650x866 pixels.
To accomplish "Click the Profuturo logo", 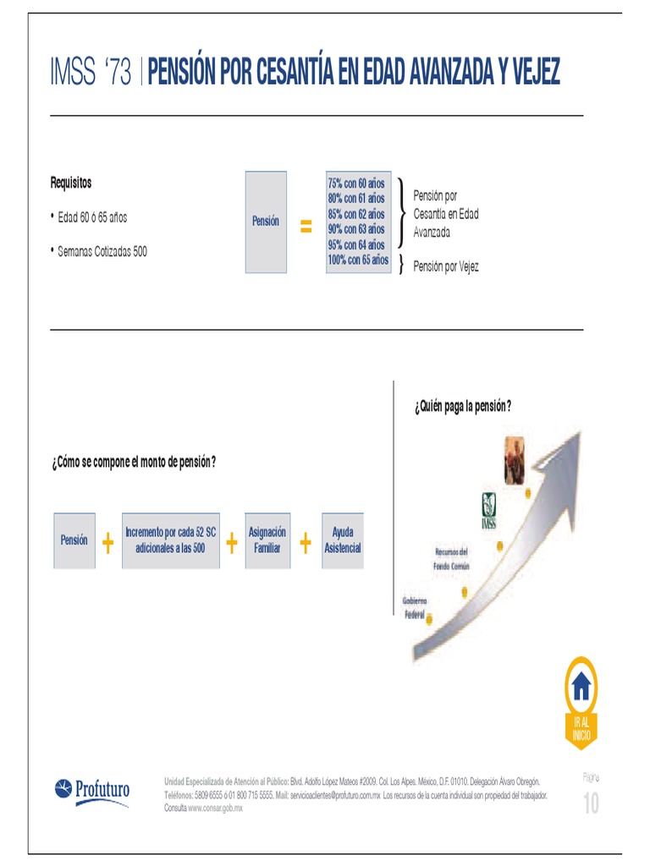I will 92,791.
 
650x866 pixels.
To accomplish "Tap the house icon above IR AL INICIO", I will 581,687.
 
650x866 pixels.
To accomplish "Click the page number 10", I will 590,804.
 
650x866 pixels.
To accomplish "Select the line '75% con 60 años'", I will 356,184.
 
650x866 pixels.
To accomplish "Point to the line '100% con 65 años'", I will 358,260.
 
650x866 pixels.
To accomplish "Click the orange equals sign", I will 306,227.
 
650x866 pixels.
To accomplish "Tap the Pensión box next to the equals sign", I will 266,222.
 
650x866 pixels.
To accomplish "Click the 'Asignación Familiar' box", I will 267,540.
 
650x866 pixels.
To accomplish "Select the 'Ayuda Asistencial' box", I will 343,540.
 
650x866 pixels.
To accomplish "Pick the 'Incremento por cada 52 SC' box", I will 171,540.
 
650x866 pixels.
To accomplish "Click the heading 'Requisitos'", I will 71,183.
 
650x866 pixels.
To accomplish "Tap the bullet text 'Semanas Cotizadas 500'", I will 102,251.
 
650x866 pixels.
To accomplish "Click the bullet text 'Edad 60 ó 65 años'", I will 92,216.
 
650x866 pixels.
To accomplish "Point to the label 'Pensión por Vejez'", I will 446,266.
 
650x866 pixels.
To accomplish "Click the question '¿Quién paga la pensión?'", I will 463,406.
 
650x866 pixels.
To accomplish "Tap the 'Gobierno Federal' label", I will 415,606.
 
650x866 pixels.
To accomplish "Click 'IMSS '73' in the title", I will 91,74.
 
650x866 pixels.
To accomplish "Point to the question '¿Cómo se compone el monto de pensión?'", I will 134,463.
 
